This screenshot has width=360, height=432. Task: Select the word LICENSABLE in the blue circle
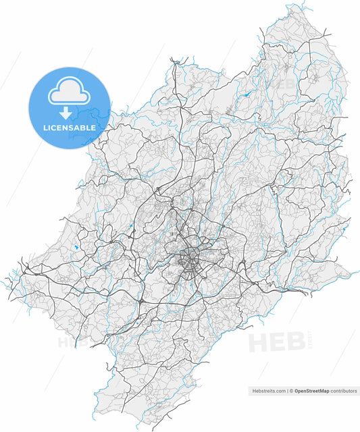[x=70, y=127]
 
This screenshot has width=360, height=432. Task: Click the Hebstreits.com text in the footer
[x=268, y=391]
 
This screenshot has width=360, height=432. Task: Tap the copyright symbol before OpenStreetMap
[x=290, y=391]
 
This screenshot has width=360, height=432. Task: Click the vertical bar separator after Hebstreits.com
[x=286, y=391]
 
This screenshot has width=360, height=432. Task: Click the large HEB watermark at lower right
[x=277, y=342]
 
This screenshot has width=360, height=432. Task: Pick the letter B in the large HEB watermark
[x=295, y=342]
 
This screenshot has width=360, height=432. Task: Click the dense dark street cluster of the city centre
[x=191, y=260]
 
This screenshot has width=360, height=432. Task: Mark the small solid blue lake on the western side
[x=76, y=248]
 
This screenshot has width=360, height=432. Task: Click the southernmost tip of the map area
[x=140, y=425]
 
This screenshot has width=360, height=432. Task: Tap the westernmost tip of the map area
[x=6, y=277]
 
